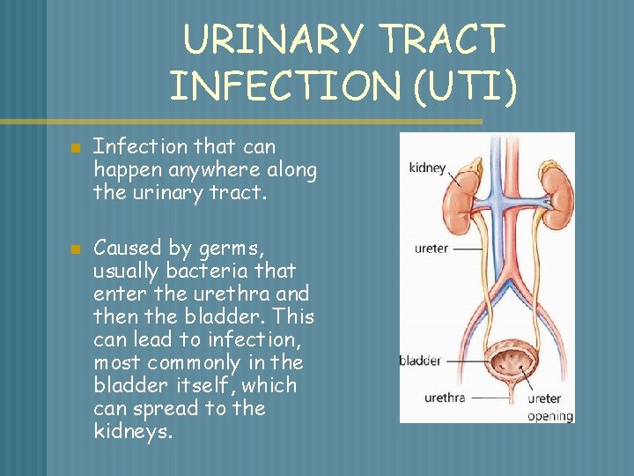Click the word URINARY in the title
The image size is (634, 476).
click(x=273, y=41)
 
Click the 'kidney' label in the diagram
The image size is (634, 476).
click(x=427, y=167)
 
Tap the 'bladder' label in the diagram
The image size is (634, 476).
click(x=420, y=361)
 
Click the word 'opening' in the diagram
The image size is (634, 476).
click(x=549, y=416)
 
